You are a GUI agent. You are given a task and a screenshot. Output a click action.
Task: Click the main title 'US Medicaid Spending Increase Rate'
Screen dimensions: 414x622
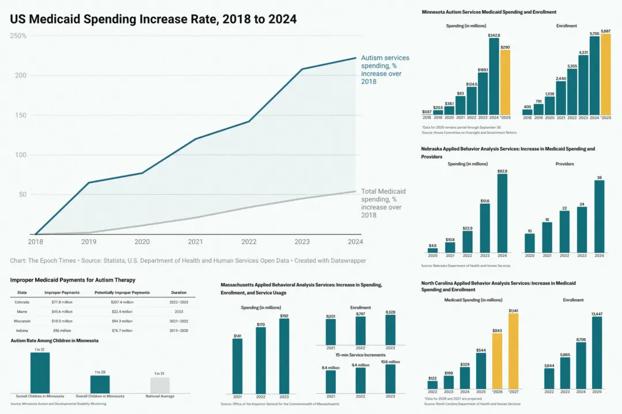[153, 19]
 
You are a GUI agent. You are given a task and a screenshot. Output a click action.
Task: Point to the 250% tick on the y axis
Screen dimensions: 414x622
[19, 36]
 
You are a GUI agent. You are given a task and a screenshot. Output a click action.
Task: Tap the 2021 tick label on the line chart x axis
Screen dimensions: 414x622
[196, 242]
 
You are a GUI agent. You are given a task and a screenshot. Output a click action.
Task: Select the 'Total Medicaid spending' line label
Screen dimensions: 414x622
[383, 203]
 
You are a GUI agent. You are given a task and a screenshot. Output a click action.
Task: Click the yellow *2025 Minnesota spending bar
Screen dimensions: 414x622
[505, 82]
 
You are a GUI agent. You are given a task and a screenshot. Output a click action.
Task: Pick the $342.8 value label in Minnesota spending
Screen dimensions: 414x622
[494, 36]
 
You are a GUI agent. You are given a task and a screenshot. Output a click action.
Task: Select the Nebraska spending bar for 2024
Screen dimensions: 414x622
[502, 213]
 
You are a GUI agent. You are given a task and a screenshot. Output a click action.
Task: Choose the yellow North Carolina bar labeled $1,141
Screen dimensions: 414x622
[513, 351]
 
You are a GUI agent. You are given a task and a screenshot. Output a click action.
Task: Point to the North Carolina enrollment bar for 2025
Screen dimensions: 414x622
[596, 352]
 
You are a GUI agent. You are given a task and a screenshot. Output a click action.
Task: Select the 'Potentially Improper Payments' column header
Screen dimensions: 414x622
[122, 293]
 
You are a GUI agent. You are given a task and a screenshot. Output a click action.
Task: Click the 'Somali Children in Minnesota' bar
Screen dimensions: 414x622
[40, 372]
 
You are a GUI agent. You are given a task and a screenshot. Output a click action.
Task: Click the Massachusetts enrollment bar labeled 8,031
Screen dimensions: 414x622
[330, 331]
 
